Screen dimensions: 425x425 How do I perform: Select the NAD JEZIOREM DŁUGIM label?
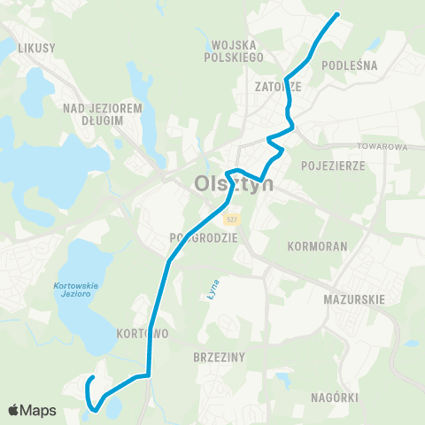point(103,114)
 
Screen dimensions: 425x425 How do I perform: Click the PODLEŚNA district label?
point(350,65)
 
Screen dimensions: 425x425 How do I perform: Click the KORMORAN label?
point(315,243)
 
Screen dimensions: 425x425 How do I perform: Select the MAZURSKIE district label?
point(354,299)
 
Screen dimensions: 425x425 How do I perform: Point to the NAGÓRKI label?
point(336,398)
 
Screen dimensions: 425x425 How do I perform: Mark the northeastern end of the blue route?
point(337,14)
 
